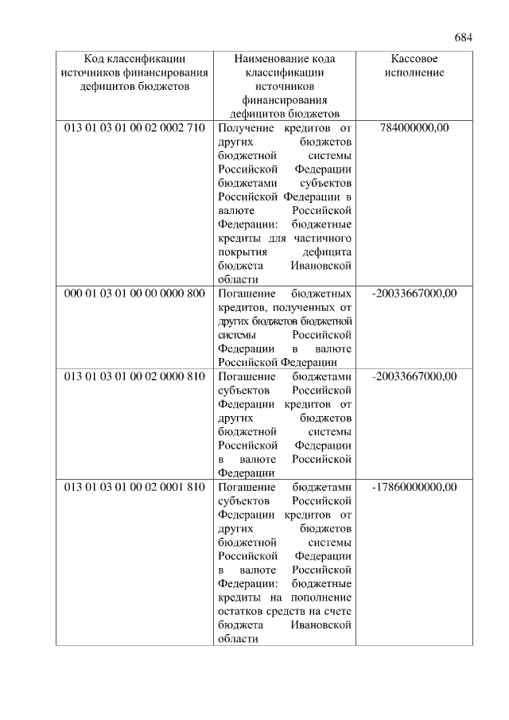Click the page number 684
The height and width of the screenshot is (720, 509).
click(464, 37)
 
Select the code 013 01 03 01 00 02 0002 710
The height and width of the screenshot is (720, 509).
click(134, 127)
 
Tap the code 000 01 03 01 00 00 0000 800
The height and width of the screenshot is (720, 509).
click(134, 294)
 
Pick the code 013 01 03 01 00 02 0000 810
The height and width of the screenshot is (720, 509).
click(134, 376)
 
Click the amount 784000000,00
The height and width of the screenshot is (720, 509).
click(414, 127)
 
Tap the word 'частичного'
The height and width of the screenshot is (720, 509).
click(323, 238)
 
